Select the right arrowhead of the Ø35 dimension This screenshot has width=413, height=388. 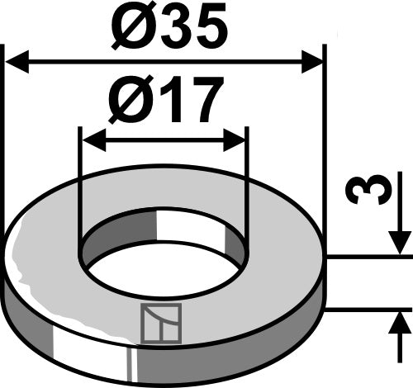[x=312, y=62]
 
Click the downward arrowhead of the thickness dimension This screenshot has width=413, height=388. [x=399, y=244]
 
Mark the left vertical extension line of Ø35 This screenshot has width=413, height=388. [x=5, y=140]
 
